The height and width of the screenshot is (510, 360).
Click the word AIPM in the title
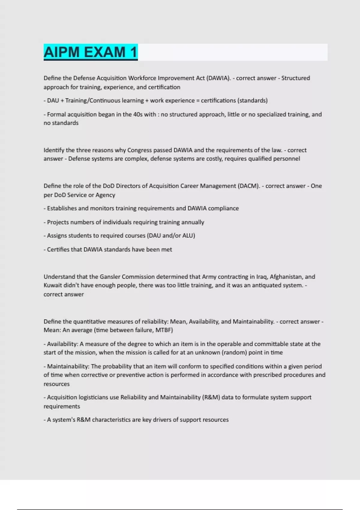pyautogui.click(x=62, y=52)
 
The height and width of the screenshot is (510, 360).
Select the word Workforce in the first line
pyautogui.click(x=142, y=78)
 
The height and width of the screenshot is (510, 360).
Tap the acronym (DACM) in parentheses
pyautogui.click(x=249, y=186)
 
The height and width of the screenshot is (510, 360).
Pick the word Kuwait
pyautogui.click(x=52, y=285)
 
